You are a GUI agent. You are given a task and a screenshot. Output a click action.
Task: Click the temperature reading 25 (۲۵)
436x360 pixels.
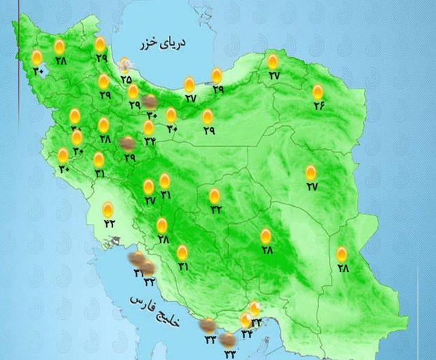click(x=126, y=80)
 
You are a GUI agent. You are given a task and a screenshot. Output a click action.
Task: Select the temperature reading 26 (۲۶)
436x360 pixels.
click(x=317, y=105)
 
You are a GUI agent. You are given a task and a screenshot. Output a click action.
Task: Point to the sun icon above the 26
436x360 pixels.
click(x=317, y=92)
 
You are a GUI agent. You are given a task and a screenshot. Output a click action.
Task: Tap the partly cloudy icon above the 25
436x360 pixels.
click(x=126, y=66)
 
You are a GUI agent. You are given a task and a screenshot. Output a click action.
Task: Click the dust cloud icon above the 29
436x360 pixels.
click(x=127, y=144)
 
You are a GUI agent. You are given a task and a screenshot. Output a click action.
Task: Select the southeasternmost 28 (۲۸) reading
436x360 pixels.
click(x=342, y=269)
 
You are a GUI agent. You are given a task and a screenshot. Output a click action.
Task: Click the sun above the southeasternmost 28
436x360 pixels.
click(x=342, y=255)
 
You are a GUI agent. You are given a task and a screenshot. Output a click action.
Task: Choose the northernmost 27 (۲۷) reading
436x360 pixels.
click(x=274, y=76)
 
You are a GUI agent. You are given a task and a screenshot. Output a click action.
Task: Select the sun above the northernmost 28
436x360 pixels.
click(x=60, y=46)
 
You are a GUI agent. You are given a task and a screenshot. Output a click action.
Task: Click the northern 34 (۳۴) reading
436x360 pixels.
click(x=149, y=142)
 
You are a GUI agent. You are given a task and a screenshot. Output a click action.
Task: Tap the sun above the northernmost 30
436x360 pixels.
click(x=37, y=56)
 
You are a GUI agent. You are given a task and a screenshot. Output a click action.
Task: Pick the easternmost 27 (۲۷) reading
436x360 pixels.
click(x=311, y=186)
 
